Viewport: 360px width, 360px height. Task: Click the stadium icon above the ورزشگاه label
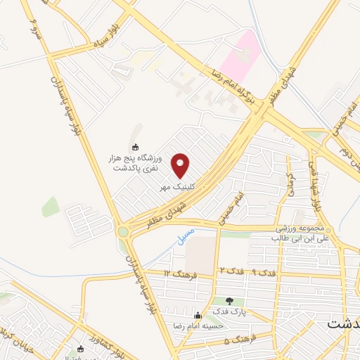pos(135,146)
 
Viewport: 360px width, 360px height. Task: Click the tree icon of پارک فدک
pos(229,301)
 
